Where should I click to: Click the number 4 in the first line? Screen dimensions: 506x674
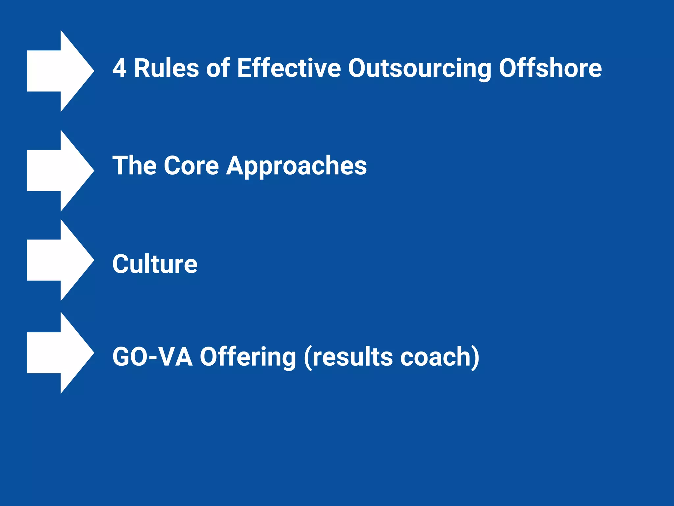119,68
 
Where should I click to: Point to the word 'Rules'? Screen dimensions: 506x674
166,68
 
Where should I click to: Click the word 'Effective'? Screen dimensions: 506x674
289,68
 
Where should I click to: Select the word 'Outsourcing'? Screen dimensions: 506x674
420,68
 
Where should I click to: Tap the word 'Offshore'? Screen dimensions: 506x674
550,68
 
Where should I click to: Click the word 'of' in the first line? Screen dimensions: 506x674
218,68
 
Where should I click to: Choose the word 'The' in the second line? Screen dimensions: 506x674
135,165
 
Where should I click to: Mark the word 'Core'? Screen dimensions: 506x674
191,165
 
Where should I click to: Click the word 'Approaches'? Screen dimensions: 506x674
296,165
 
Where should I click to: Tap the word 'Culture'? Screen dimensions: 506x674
155,264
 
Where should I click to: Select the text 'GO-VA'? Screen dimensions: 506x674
152,357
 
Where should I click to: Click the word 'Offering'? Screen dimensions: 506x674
248,357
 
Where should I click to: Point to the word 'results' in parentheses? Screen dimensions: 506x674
352,357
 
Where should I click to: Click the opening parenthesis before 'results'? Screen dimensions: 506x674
308,357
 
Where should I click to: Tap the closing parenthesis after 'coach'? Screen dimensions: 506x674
476,357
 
